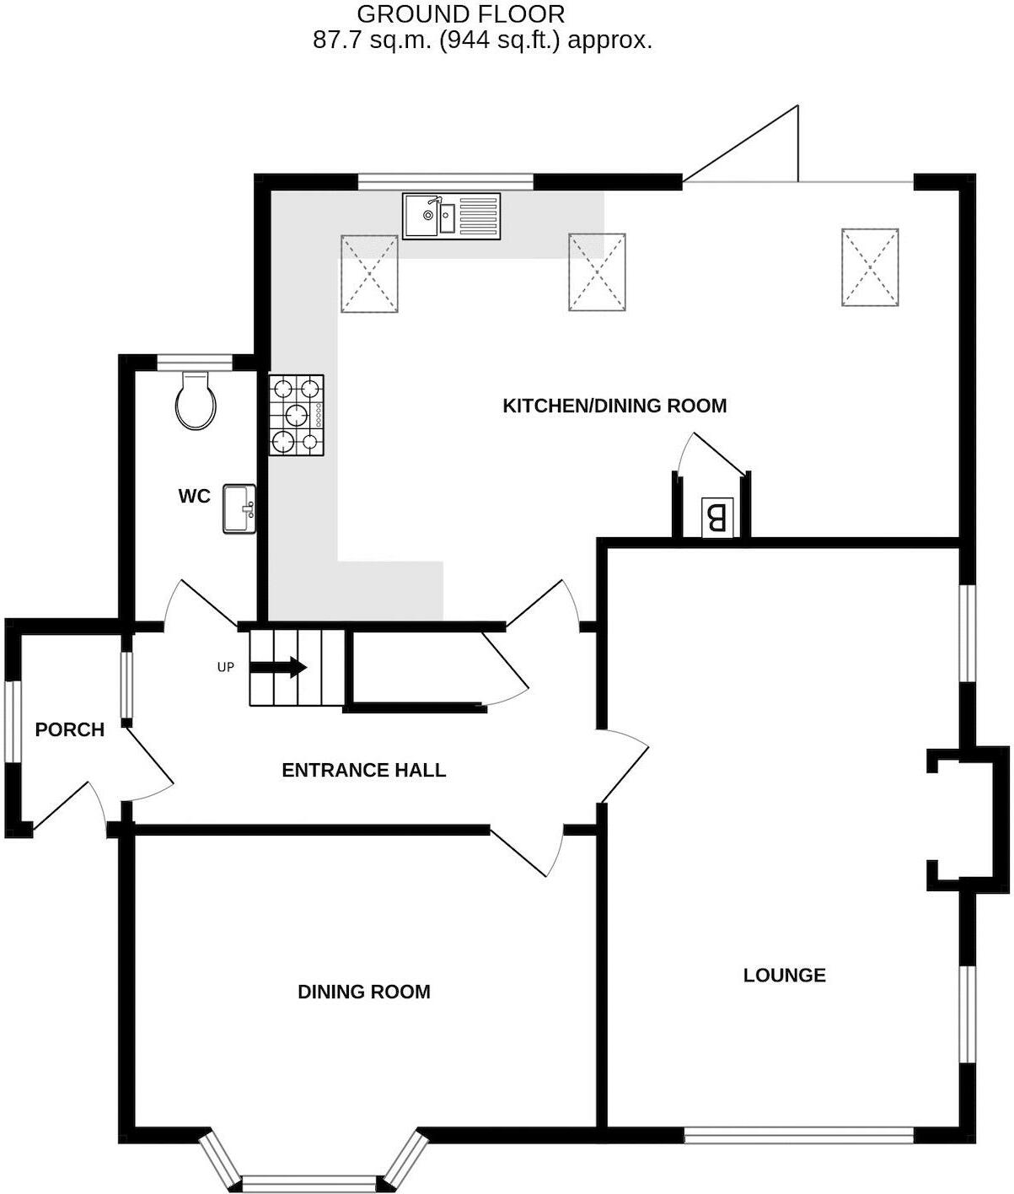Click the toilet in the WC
coord(196,402)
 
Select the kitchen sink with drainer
coord(451,216)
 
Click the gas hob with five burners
coord(297,415)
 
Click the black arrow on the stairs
coord(277,667)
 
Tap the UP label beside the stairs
coord(225,667)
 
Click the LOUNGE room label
coord(784,976)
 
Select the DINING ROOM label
coord(364,992)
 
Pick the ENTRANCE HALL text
coord(363,770)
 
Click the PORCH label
coord(70,729)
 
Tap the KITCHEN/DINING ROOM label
coord(614,406)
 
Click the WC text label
coord(194,497)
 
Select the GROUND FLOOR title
coord(460,14)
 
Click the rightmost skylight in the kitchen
coord(869,266)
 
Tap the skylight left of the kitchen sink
coord(368,274)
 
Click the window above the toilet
coord(195,363)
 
